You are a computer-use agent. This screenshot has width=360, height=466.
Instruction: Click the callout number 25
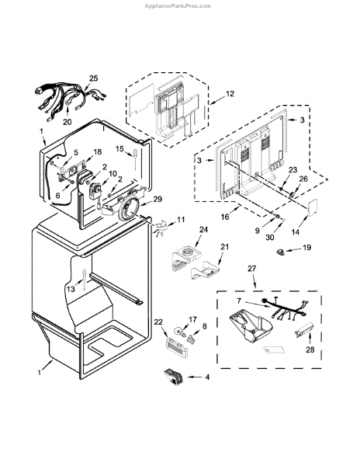pos(93,78)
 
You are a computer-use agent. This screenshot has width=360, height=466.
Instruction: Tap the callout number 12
pos(230,94)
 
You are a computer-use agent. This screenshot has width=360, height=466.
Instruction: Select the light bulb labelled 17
pos(179,331)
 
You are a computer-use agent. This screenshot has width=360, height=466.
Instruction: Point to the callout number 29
pos(157,199)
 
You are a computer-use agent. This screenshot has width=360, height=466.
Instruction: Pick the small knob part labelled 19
pos(280,252)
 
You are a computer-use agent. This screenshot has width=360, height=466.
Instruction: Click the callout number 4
pos(207,377)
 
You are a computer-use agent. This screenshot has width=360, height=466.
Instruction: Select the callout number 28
pos(310,349)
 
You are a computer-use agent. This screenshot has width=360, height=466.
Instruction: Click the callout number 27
pos(251,269)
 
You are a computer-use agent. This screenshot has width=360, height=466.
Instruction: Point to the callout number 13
pos(71,289)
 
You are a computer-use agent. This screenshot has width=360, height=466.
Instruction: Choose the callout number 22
pos(159,322)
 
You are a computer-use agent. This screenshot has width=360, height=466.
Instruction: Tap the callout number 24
pos(203,230)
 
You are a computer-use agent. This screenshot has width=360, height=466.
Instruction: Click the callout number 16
pos(225,217)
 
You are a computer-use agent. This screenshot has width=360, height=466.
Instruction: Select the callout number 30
pos(270,238)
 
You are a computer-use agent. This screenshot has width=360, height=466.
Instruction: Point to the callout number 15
pos(119,148)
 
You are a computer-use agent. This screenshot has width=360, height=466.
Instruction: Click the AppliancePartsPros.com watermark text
pos(178,6)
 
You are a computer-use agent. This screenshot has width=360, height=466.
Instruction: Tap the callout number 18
pos(97,152)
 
